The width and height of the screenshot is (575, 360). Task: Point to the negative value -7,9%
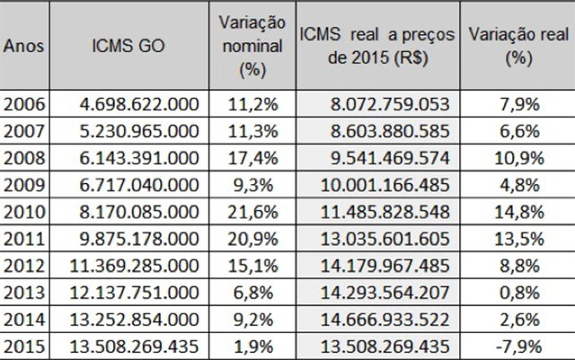(521, 346)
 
